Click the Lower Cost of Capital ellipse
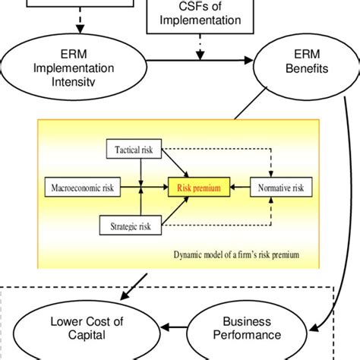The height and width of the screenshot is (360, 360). tap(86, 328)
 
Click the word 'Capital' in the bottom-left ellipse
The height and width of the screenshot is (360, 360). tap(86, 336)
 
